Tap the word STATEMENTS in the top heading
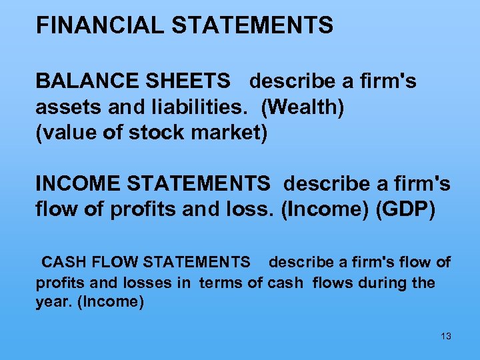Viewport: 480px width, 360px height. point(252,25)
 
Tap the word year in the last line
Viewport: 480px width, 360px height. point(53,302)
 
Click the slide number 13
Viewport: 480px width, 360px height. point(446,336)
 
